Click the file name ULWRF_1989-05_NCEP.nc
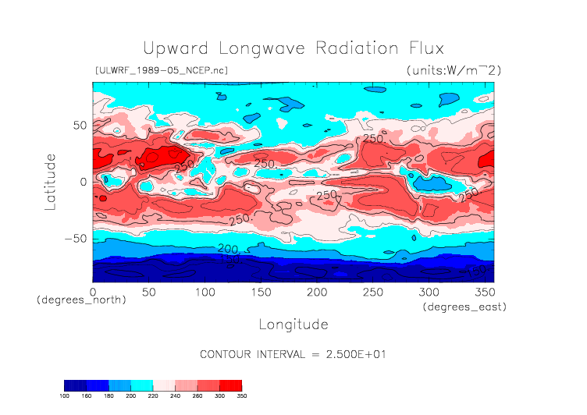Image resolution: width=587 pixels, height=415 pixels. [161, 71]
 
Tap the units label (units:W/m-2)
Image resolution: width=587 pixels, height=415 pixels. [454, 71]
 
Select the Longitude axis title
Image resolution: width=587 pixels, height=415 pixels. [293, 324]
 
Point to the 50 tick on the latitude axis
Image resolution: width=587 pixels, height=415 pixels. [79, 125]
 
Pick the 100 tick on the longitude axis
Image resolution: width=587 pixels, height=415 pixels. [205, 291]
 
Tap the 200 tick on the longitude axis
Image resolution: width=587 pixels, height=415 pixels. [316, 291]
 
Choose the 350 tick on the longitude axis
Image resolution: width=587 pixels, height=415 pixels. [484, 291]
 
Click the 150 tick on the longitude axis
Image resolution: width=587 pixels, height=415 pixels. [261, 291]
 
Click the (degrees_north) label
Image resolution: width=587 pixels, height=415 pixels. [81, 300]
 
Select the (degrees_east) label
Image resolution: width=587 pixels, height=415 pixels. [465, 307]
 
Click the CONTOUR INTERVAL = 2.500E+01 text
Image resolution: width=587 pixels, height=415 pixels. [293, 354]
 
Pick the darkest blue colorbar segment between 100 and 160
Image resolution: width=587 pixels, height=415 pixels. [75, 385]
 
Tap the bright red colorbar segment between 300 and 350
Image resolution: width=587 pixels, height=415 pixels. [231, 385]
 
